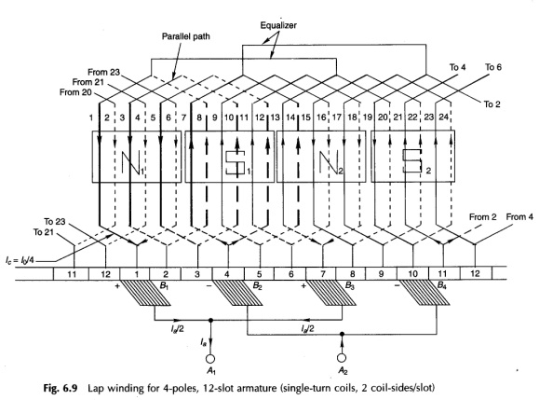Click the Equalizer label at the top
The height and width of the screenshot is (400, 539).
278,25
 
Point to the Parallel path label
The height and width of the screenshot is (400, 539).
185,36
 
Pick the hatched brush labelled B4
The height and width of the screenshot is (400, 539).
425,293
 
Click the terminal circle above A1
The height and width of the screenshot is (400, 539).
210,359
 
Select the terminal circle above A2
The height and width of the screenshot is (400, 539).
342,358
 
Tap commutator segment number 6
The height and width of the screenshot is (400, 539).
290,274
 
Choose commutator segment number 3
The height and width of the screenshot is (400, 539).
197,274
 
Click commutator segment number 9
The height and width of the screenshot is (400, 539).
381,274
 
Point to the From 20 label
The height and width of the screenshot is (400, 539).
75,92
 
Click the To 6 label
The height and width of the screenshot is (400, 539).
493,67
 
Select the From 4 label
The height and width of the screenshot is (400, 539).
519,217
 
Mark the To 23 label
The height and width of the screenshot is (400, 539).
55,221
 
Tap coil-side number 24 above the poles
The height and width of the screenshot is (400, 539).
443,117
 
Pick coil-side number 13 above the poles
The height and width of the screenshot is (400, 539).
275,117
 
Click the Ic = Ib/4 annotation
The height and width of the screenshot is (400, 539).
20,260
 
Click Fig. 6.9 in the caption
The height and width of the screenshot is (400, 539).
61,388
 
